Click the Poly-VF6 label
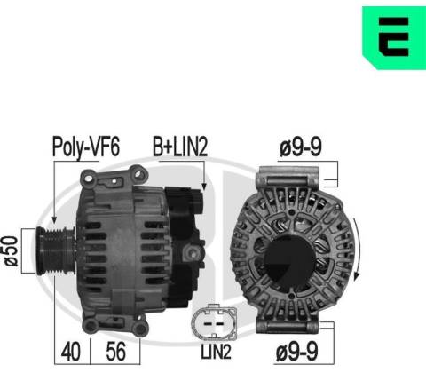point(86,147)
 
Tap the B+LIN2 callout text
point(180,147)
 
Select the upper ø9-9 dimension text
point(301,147)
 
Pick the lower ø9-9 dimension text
point(297,352)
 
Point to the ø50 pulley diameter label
point(11,251)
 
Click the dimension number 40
point(71,352)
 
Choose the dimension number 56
point(115,352)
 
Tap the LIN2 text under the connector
point(216,353)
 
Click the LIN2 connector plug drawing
point(214,322)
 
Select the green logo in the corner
point(394,38)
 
